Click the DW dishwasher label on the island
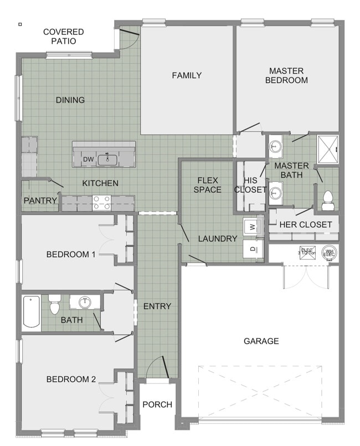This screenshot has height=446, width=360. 88,160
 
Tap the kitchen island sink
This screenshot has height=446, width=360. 107,160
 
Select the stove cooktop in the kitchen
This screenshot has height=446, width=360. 101,203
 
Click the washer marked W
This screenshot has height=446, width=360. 252,227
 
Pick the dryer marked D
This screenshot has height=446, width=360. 252,249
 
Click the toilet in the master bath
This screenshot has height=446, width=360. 328,198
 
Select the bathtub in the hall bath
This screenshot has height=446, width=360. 31,312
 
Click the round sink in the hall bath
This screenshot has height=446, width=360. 85,303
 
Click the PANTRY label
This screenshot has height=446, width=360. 40,201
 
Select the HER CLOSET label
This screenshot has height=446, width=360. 306,224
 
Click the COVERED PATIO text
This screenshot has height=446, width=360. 64,37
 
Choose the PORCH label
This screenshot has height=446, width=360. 157,404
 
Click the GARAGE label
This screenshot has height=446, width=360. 261,341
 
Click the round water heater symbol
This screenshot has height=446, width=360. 330,253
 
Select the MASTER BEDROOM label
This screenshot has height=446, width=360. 286,75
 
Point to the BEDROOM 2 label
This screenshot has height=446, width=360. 71,379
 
